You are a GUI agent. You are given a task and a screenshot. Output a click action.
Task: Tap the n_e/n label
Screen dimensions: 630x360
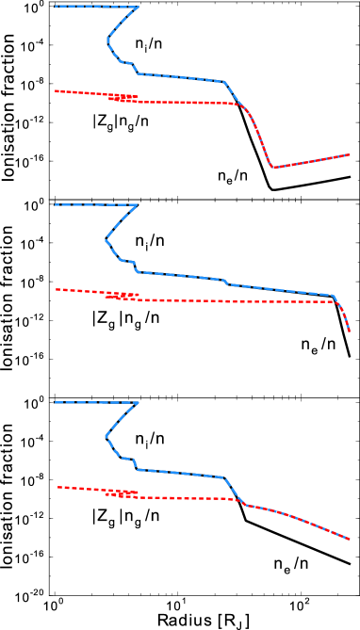pos(229,175)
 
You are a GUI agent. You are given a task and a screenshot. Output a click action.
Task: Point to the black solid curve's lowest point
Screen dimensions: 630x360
pos(273,190)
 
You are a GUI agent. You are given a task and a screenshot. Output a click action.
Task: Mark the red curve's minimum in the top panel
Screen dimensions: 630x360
pos(272,168)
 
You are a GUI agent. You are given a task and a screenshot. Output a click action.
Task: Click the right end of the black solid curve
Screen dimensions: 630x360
pos(351,176)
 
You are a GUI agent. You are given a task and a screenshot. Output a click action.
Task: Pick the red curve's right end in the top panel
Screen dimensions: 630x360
pos(351,153)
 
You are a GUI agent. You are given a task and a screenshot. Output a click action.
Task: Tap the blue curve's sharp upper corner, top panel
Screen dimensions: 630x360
pos(139,7)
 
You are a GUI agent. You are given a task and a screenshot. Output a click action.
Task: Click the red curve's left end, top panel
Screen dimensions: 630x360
pos(55,90)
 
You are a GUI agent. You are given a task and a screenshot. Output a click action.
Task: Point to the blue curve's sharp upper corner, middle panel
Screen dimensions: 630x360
pos(139,204)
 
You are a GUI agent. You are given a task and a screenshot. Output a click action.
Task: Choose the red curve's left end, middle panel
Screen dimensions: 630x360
pos(55,289)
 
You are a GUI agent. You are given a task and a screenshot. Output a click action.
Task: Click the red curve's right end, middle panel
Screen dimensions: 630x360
pos(351,331)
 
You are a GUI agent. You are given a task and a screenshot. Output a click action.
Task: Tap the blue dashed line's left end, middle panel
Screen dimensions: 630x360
pos(55,204)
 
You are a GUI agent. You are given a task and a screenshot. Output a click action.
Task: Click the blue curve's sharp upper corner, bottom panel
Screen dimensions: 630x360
pos(139,403)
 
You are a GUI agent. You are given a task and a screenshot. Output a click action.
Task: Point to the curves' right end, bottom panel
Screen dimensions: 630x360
pos(351,540)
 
